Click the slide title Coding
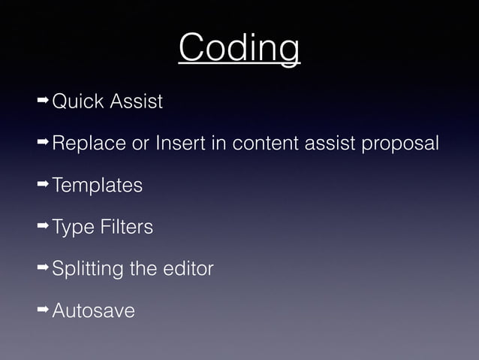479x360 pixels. pyautogui.click(x=239, y=49)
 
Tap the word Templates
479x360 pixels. pyautogui.click(x=97, y=185)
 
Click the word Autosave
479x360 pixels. pyautogui.click(x=93, y=310)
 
